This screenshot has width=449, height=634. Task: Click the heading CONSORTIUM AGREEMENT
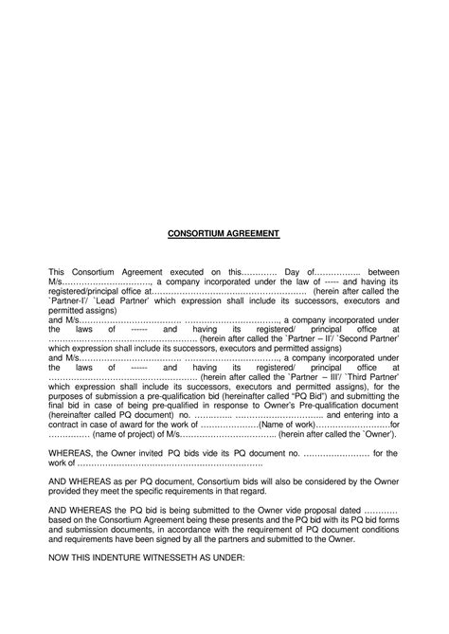pyautogui.click(x=224, y=232)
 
